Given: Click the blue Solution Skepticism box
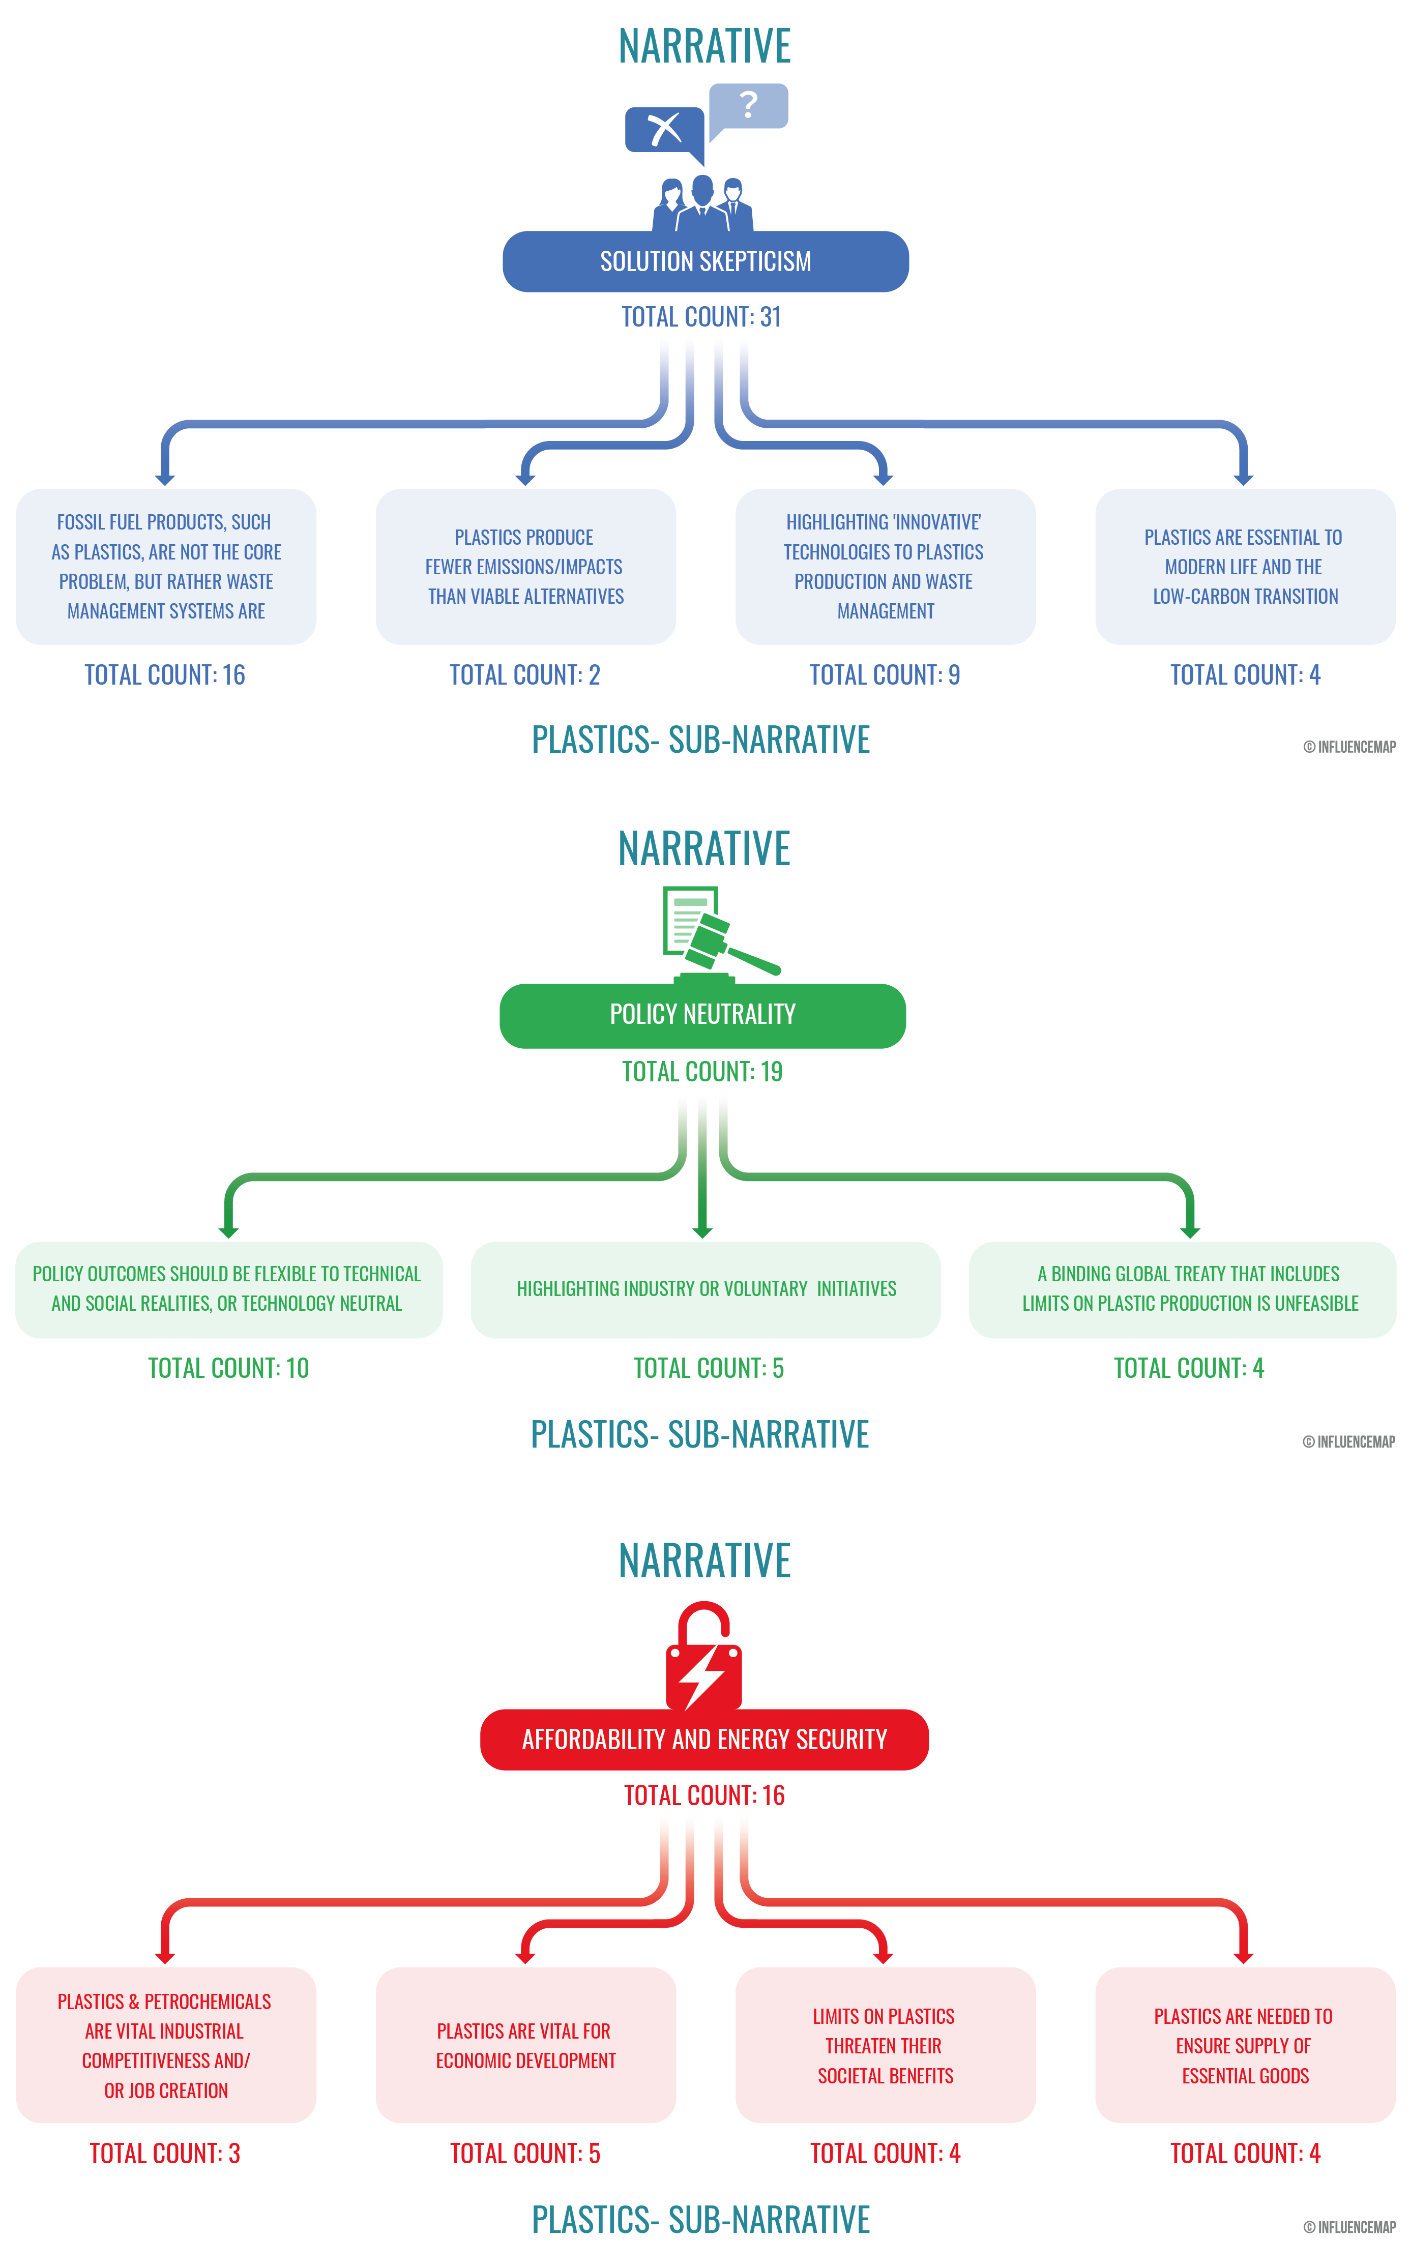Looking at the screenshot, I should coord(705,261).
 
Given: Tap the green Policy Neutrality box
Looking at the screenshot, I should coord(702,1015).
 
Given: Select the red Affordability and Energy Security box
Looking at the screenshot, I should coord(704,1739).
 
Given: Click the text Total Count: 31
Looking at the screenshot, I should coord(701,317).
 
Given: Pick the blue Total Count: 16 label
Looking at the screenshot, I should coord(165,675).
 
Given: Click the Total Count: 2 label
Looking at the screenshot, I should coord(525,675).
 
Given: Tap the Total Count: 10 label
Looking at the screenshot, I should coord(228,1368).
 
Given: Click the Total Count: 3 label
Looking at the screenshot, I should coord(165,2153).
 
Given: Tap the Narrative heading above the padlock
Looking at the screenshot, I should coord(705,1560).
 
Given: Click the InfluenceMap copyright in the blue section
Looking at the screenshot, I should coord(1349,747).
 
